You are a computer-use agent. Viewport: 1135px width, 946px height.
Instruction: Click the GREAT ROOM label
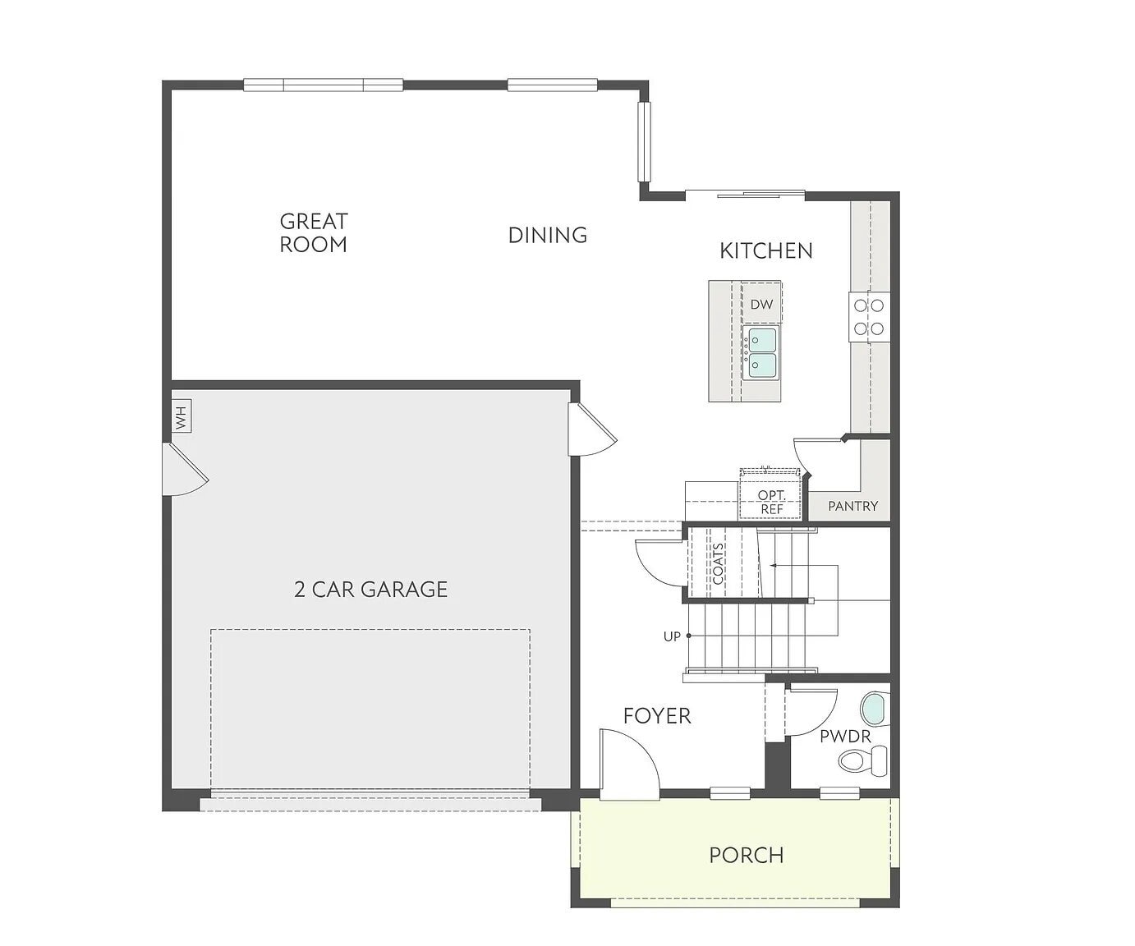click(x=313, y=232)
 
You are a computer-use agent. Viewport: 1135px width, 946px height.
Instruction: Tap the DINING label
click(x=547, y=235)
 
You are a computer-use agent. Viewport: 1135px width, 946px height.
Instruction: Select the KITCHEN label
click(x=765, y=250)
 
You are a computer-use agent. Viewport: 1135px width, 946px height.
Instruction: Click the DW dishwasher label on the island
click(x=761, y=304)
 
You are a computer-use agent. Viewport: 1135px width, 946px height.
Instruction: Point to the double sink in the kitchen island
click(x=760, y=353)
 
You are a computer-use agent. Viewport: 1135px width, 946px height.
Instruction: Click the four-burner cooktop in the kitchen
click(x=869, y=317)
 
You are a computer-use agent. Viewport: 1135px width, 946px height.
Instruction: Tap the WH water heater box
click(x=182, y=416)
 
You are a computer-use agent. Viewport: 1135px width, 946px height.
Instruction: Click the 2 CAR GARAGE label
click(x=370, y=589)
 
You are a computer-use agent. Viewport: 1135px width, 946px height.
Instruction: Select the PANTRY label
click(x=852, y=506)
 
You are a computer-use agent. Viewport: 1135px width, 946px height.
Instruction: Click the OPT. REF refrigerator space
click(x=771, y=501)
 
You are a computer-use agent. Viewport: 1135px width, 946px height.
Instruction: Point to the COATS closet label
click(x=719, y=563)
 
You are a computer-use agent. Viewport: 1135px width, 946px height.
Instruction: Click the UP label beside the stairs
click(x=672, y=636)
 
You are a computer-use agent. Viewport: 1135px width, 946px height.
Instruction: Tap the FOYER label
click(x=657, y=716)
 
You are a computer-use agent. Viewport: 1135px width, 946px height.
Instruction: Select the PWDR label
click(x=845, y=737)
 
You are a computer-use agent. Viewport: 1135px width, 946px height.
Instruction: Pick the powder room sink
click(x=875, y=709)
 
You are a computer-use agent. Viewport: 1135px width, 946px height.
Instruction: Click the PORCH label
click(x=746, y=855)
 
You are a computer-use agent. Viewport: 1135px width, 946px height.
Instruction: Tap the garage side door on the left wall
click(x=186, y=471)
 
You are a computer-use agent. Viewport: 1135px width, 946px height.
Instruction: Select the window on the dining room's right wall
click(x=645, y=142)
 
